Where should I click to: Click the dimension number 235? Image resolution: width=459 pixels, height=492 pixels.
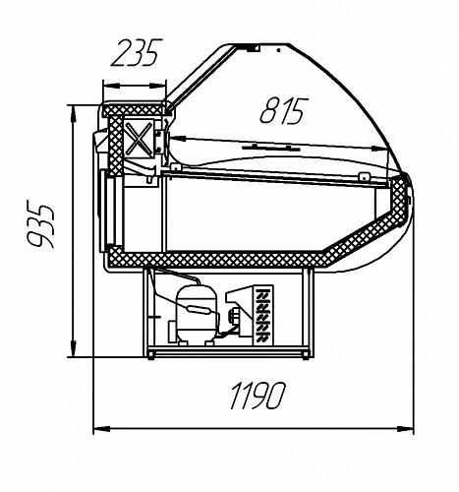point(137,52)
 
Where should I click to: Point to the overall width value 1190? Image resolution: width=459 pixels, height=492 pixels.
point(258,396)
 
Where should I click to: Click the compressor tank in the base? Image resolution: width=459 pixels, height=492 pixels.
point(197,314)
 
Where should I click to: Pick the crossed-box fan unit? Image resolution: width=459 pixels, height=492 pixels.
point(140,137)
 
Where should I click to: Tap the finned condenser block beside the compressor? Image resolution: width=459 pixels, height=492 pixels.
point(263,315)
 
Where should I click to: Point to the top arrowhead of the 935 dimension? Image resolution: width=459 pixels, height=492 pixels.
point(73,114)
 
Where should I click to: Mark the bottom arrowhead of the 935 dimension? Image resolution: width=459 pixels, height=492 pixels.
point(73,349)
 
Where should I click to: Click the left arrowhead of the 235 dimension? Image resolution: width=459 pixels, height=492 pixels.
point(111,86)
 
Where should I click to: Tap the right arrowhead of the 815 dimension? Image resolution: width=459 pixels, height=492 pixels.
point(380,149)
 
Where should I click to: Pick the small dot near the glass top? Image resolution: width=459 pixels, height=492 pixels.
point(278,50)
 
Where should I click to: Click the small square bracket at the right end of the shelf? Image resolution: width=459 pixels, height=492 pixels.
point(364,177)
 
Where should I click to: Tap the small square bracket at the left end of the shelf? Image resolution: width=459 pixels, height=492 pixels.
point(176,167)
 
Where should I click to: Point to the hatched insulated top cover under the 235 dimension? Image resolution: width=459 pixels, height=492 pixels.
point(135,109)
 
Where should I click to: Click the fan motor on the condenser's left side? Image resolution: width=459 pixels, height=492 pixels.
point(235,316)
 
